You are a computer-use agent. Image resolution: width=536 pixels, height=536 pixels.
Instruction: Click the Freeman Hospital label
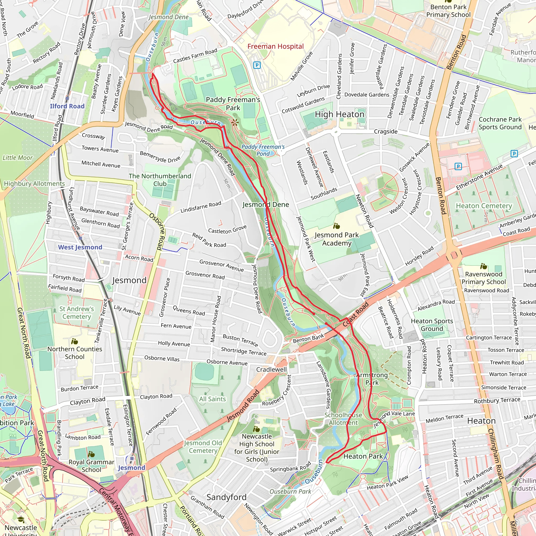tap(275, 46)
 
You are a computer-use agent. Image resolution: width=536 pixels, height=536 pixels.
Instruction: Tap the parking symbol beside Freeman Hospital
tap(257, 65)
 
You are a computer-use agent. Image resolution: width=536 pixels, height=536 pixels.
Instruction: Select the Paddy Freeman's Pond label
tap(263, 150)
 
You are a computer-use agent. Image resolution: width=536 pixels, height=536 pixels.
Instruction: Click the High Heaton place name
tap(339, 114)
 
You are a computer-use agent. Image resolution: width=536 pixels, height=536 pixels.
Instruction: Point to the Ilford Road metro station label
tap(67, 106)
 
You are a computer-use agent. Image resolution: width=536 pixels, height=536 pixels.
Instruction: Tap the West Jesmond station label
tap(80, 247)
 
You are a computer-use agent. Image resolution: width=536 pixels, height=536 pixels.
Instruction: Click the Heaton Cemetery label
tap(484, 206)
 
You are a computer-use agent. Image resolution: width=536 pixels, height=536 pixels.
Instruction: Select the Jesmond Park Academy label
tap(337, 239)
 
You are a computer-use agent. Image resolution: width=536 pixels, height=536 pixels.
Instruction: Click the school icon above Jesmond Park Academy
tap(336, 226)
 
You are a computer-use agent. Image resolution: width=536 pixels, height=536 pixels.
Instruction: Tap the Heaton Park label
tap(363, 456)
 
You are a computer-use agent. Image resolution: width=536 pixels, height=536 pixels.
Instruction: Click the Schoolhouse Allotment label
tap(343, 419)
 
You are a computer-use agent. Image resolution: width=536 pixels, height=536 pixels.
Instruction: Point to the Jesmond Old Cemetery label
tap(203, 447)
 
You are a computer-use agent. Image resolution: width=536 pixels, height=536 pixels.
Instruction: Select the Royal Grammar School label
tap(91, 466)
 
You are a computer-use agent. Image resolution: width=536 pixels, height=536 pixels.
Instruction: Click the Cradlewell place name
tap(271, 370)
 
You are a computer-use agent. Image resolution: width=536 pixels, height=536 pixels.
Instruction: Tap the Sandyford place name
tap(226, 498)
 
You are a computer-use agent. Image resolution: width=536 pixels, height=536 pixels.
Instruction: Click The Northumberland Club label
tap(160, 180)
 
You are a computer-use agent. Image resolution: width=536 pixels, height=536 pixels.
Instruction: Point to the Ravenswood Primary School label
tap(484, 278)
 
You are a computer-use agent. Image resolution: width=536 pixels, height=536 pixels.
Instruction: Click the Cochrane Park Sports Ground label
tap(500, 123)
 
